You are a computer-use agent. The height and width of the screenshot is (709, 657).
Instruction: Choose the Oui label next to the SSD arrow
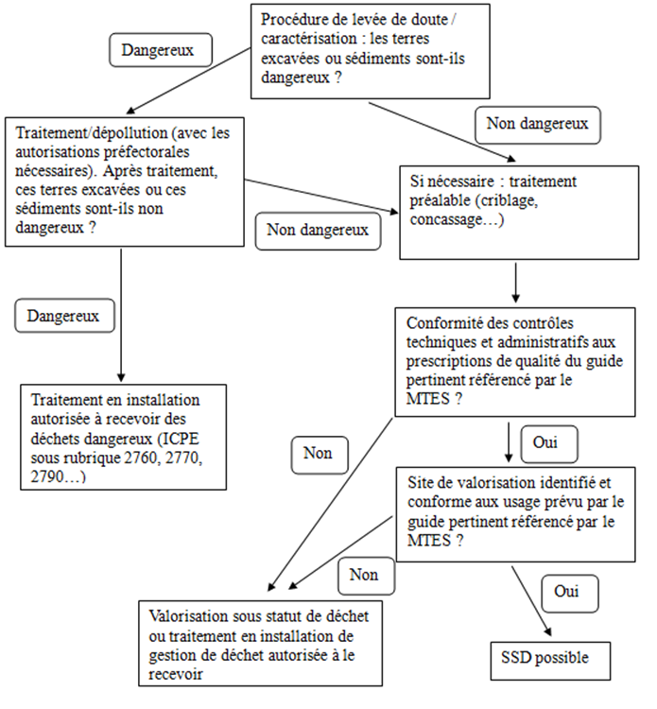[566, 592]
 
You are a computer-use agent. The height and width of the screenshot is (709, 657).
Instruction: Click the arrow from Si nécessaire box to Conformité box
[515, 280]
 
